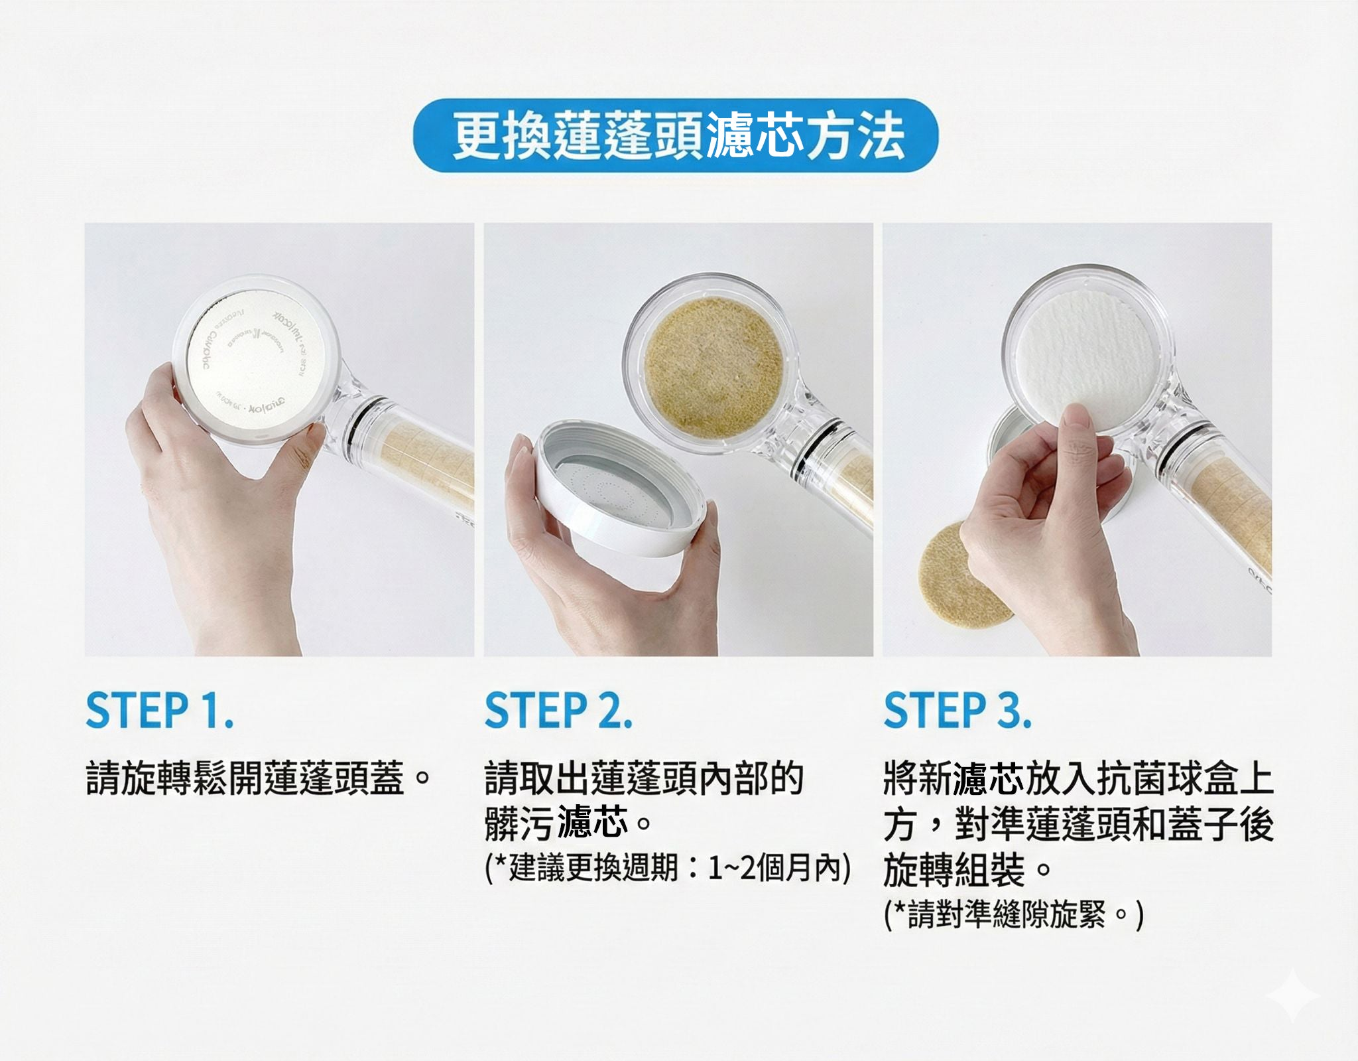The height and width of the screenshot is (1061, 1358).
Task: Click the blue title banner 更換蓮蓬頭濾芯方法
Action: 676,136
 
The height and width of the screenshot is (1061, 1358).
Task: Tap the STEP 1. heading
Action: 159,711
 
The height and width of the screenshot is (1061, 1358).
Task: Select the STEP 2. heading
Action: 558,711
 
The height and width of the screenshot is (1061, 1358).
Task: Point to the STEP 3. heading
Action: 957,711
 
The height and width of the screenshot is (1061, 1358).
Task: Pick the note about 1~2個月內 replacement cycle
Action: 667,869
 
